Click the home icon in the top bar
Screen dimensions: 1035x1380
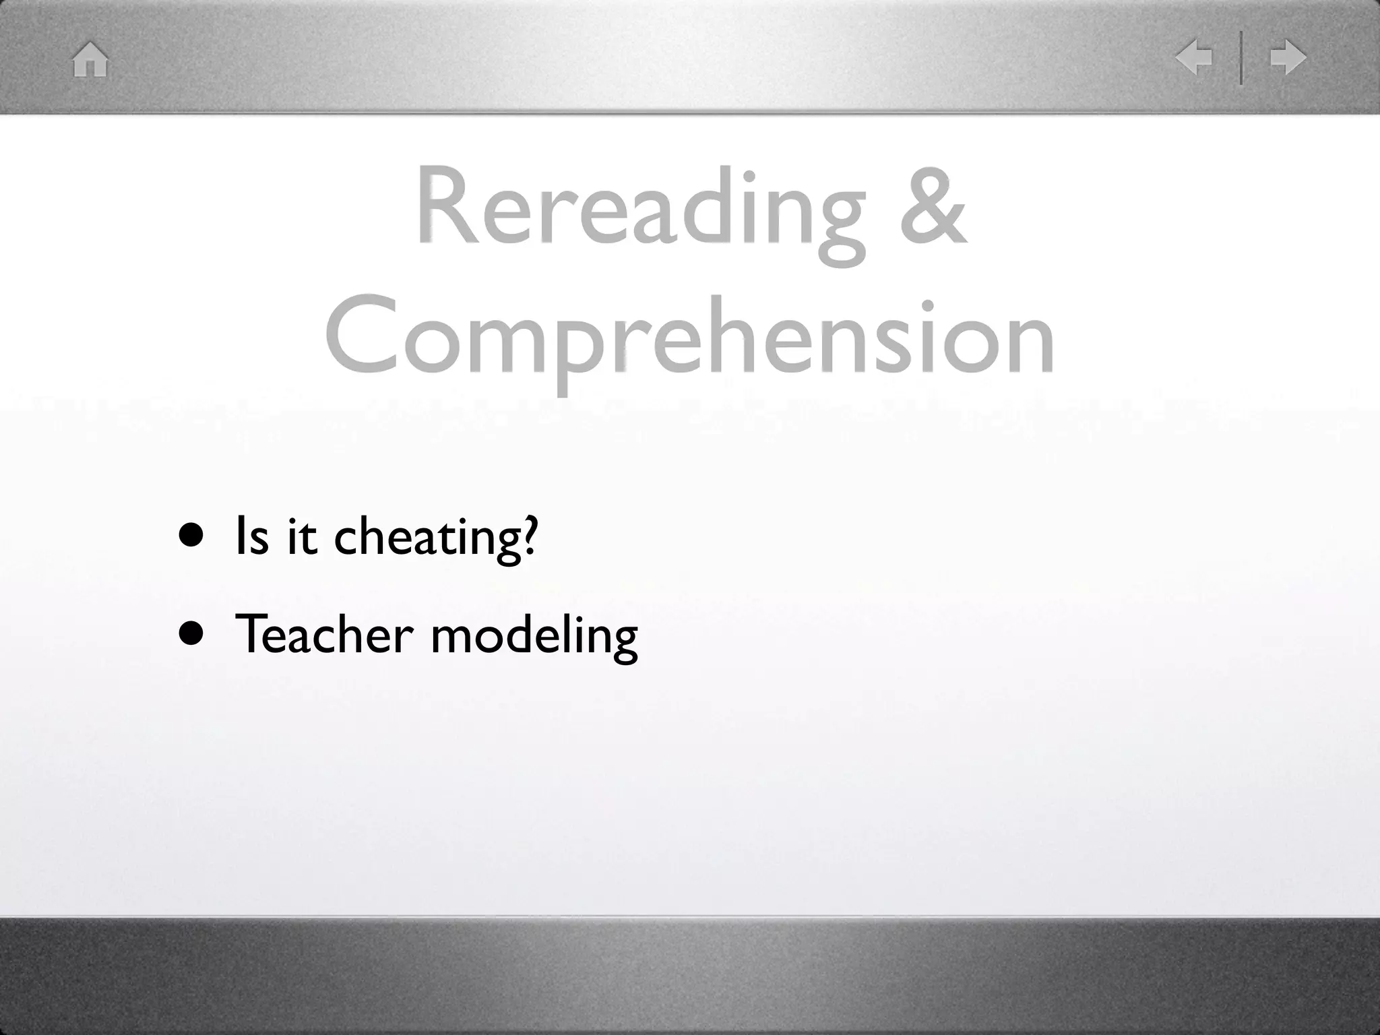(x=90, y=59)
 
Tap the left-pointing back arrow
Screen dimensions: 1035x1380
(x=1194, y=58)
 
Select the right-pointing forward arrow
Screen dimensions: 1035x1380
(x=1288, y=58)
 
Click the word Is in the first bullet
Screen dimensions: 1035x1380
(x=251, y=536)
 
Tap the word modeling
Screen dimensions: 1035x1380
(x=534, y=637)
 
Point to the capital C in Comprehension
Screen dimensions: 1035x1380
(x=360, y=335)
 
